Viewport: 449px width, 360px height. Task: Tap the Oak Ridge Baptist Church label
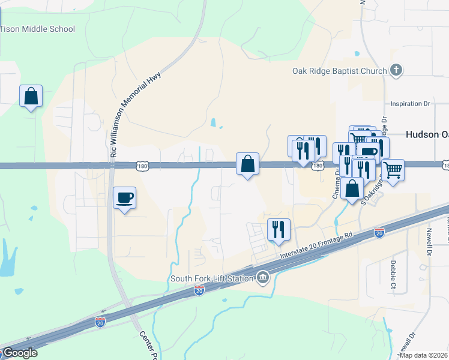[x=340, y=71]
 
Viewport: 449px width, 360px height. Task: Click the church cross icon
[x=396, y=71]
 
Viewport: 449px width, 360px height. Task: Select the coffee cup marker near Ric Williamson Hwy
[x=124, y=198]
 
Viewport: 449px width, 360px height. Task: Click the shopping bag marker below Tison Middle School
[x=31, y=96]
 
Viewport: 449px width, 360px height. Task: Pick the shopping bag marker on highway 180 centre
[x=247, y=163]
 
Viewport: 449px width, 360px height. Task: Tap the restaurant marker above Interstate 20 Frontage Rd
[x=279, y=230]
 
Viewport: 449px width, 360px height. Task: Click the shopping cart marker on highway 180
[x=393, y=170]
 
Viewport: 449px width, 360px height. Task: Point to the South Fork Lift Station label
[x=212, y=278]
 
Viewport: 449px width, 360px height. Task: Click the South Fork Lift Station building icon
[x=262, y=277]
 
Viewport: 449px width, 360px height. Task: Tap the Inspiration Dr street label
[x=411, y=104]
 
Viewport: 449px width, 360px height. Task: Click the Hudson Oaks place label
[x=427, y=134]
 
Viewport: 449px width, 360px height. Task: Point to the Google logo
[x=19, y=353]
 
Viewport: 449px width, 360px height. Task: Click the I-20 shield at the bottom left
[x=101, y=323]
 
